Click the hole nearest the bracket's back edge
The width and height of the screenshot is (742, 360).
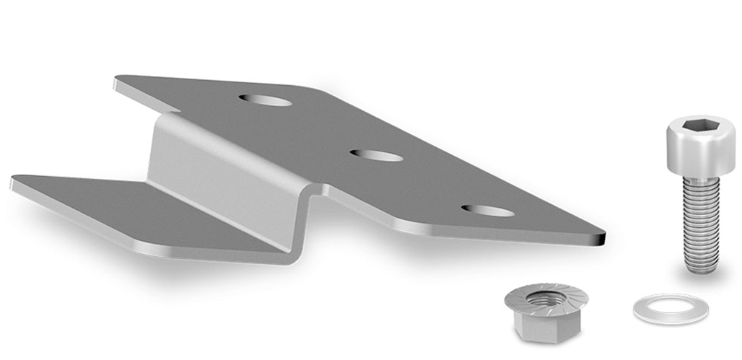pyautogui.click(x=266, y=100)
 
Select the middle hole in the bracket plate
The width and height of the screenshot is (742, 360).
pyautogui.click(x=376, y=155)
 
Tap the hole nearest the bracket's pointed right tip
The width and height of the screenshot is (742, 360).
pyautogui.click(x=488, y=211)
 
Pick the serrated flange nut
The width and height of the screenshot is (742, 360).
pyautogui.click(x=546, y=310)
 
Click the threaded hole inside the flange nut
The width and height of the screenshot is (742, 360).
pyautogui.click(x=545, y=298)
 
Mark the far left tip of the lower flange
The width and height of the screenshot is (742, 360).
pyautogui.click(x=13, y=182)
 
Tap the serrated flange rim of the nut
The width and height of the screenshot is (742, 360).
pyautogui.click(x=570, y=303)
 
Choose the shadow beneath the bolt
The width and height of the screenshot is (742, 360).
pyautogui.click(x=700, y=280)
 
